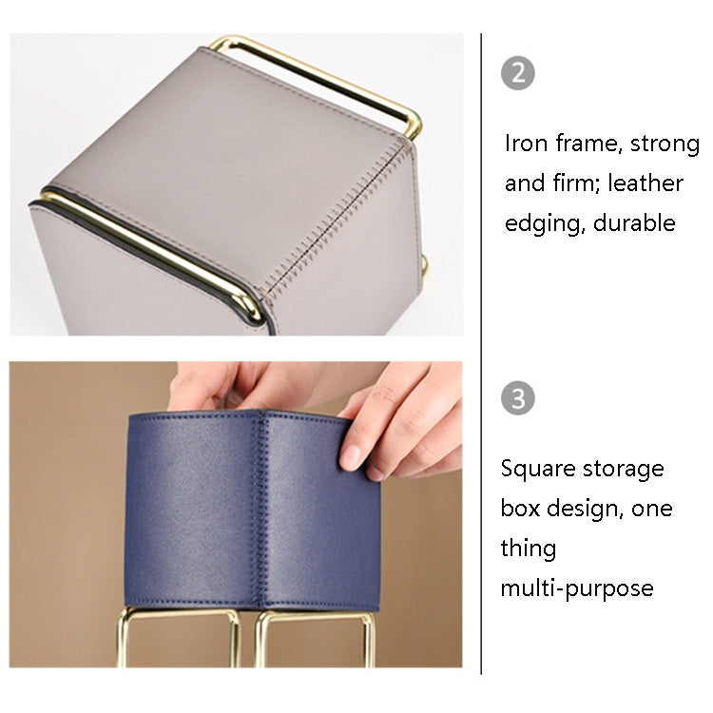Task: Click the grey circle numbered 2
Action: (x=517, y=73)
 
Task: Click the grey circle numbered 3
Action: (x=517, y=398)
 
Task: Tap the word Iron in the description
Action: (x=526, y=144)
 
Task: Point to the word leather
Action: (x=646, y=183)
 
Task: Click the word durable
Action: (x=634, y=222)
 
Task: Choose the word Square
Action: (x=538, y=470)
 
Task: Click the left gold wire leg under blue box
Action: (x=179, y=637)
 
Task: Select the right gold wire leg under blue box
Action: (x=315, y=637)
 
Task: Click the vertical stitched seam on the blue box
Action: (x=260, y=510)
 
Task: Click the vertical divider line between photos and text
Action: (x=481, y=354)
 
